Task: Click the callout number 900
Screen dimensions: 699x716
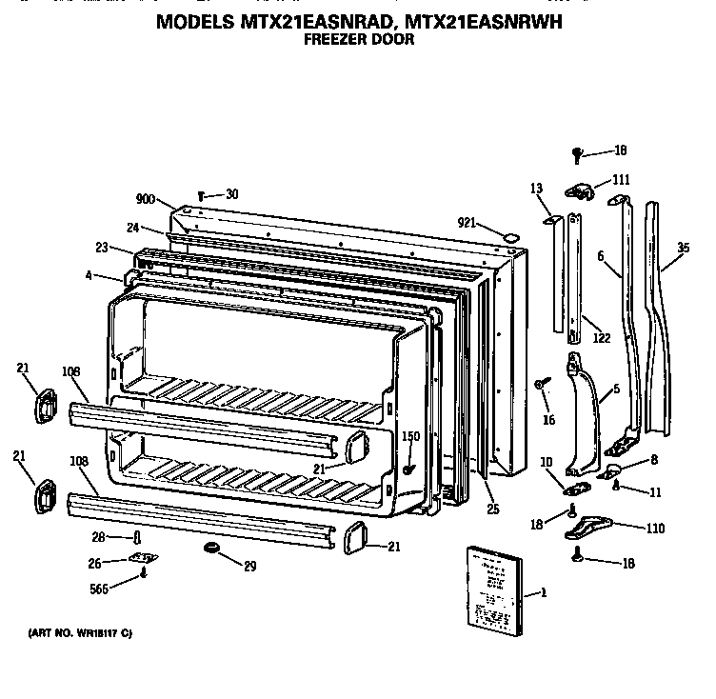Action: [146, 199]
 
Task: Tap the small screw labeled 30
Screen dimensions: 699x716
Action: [201, 195]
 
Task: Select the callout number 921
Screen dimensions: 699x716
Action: [467, 222]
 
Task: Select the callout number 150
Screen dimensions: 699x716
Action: [411, 437]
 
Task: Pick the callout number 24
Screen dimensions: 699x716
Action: [133, 227]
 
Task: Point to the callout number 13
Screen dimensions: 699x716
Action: [536, 188]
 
